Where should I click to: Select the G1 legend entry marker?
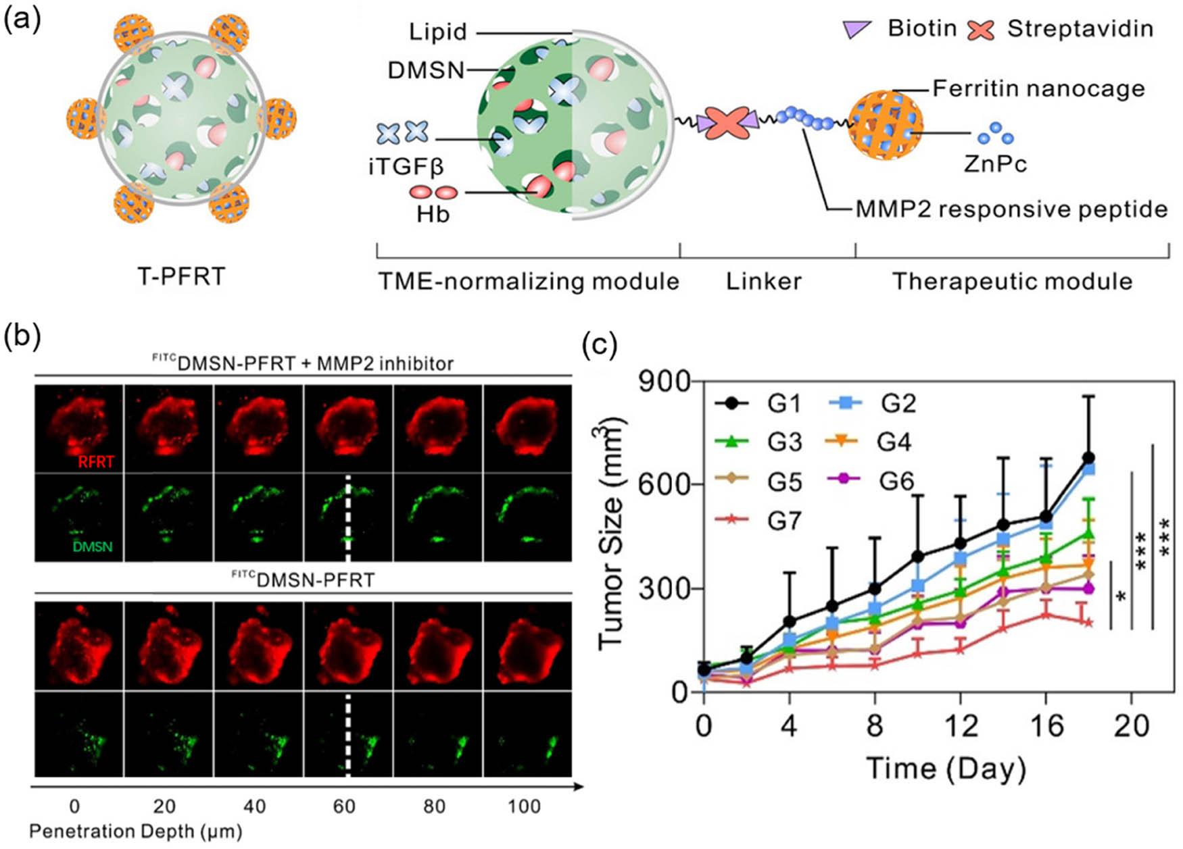tap(731, 404)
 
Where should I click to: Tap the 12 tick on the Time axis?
tap(960, 726)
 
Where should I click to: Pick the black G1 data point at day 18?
tap(1088, 458)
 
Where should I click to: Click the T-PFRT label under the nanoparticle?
tap(180, 276)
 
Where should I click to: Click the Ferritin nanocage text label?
tap(1038, 88)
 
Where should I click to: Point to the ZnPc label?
tap(995, 163)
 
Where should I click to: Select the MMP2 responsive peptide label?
tap(1011, 209)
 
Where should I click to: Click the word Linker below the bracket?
tap(764, 281)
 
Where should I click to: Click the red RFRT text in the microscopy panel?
tap(96, 462)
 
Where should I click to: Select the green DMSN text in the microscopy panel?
tap(93, 546)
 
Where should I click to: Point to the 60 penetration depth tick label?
tap(344, 806)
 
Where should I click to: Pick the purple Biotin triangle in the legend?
tap(856, 29)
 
